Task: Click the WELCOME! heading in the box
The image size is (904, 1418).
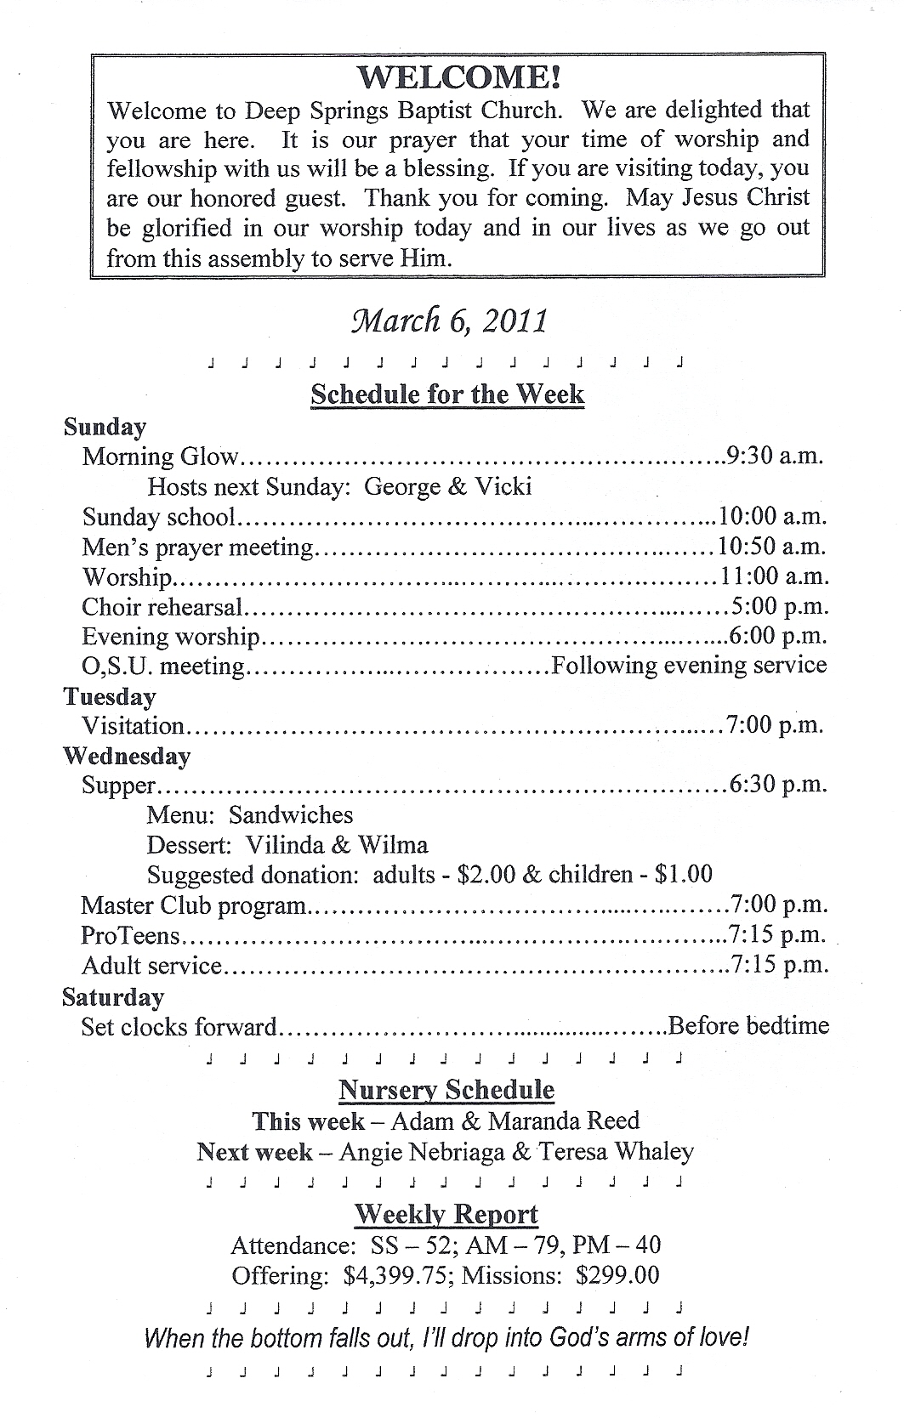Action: [x=458, y=78]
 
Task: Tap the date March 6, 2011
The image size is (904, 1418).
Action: [x=450, y=321]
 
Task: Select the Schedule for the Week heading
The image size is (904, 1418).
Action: [x=447, y=394]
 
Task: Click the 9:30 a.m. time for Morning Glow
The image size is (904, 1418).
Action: [x=775, y=456]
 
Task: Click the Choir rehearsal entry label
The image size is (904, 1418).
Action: [x=162, y=607]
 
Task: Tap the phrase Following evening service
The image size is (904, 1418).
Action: [x=689, y=665]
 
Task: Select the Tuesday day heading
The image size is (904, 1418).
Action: [x=110, y=697]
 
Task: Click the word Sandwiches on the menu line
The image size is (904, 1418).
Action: [x=291, y=815]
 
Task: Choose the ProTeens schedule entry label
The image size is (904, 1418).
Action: [x=131, y=936]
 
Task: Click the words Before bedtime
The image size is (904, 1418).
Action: [x=748, y=1026]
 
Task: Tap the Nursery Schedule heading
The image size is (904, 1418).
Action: [x=446, y=1091]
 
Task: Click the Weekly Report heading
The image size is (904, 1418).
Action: [x=446, y=1214]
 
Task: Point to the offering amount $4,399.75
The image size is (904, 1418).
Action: [x=397, y=1275]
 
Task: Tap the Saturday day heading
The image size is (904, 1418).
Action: [x=113, y=997]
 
